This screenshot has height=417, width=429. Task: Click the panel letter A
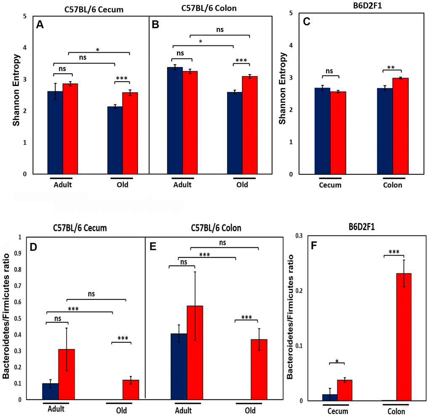[x=40, y=25]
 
